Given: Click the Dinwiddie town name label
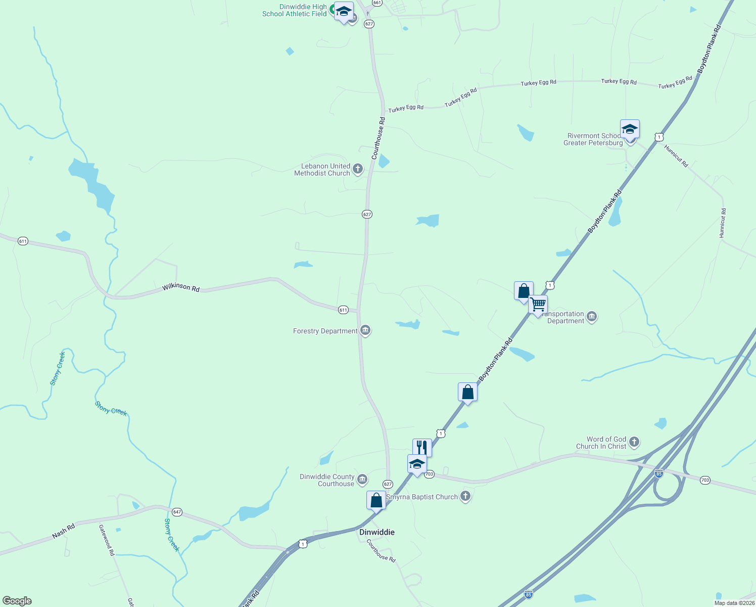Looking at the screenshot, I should [376, 532].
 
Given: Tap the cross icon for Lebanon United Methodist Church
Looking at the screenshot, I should [358, 169].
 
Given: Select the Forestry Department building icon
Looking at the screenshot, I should [365, 331].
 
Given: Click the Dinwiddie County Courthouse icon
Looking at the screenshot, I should [362, 480].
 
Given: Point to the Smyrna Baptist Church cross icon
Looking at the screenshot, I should [465, 496].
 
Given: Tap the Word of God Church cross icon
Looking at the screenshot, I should [634, 442].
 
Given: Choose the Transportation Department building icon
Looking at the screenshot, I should [592, 317].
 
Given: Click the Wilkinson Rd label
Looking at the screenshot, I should [181, 288].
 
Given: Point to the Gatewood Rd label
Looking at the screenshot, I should [107, 540].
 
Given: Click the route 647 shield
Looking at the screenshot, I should [177, 512].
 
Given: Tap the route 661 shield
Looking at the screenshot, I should [376, 3].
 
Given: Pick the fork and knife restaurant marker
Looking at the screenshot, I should [422, 448].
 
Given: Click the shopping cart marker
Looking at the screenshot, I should [538, 305].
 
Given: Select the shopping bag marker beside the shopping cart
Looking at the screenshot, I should [524, 291].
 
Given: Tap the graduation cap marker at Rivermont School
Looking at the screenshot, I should [630, 129].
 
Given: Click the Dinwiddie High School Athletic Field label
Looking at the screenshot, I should [295, 10].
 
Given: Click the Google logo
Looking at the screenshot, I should [17, 601].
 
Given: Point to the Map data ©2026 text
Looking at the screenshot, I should [734, 603].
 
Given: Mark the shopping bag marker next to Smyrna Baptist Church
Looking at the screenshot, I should [376, 501].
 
